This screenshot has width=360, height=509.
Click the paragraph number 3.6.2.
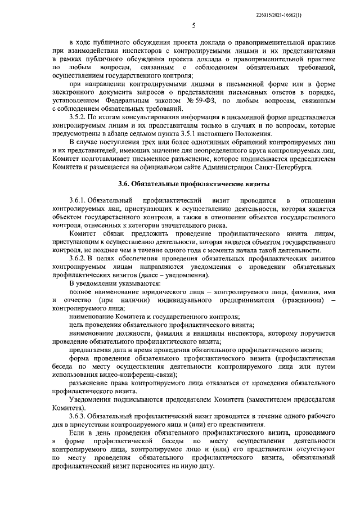click(79, 258)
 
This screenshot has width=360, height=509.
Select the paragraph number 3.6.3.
click(79, 416)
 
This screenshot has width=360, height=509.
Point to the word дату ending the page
click(206, 466)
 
